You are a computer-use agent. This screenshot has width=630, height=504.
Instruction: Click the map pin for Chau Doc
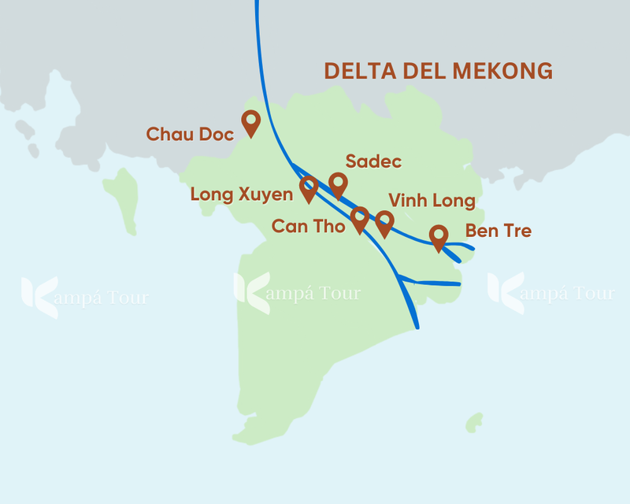250,123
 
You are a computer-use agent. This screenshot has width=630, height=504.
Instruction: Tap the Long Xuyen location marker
309,188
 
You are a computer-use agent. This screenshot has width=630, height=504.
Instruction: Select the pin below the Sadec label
338,185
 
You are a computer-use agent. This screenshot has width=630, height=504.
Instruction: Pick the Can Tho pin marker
359,218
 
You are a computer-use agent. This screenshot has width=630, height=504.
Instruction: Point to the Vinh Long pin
384,223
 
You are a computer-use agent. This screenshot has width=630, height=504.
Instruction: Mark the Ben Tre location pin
438,237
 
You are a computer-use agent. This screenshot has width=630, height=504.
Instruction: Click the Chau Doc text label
190,135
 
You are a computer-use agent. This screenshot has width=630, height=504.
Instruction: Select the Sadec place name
374,162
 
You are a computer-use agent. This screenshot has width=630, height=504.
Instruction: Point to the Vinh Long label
432,201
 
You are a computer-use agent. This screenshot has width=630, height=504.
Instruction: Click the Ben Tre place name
498,232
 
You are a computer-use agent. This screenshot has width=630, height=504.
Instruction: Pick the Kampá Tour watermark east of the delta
550,291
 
